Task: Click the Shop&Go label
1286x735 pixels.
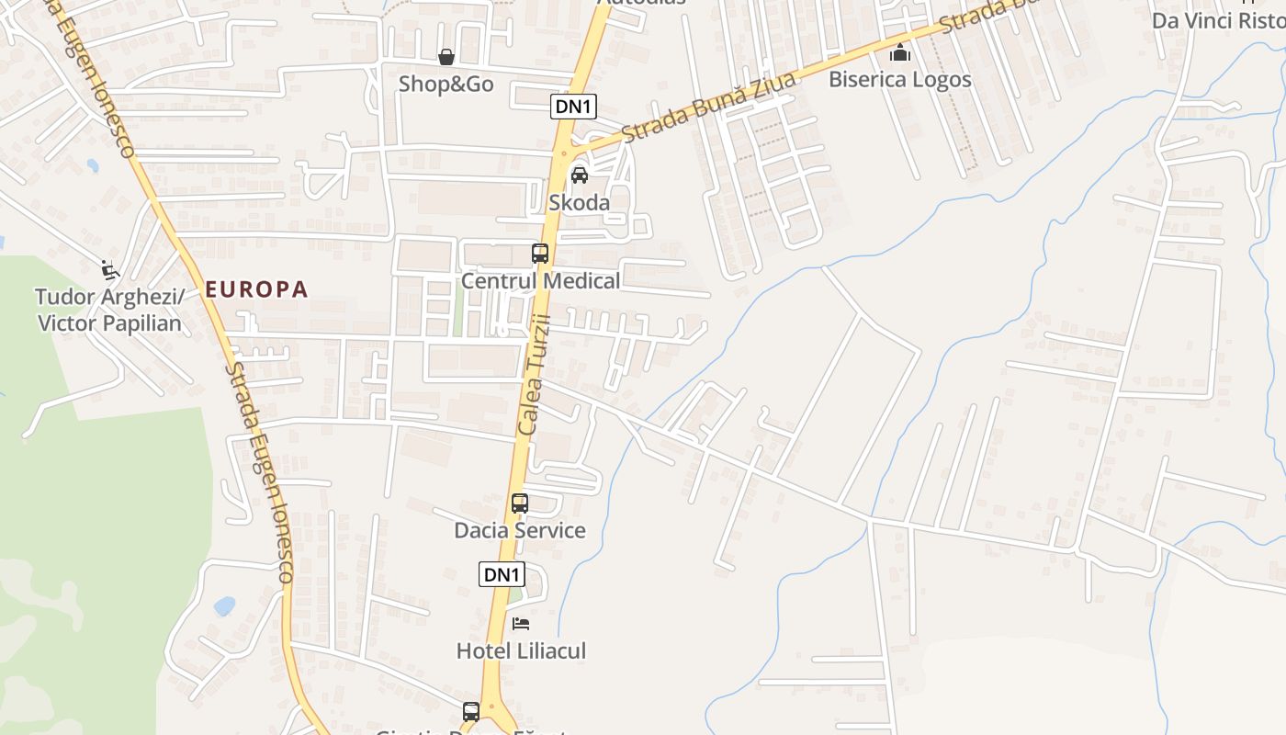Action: pyautogui.click(x=446, y=85)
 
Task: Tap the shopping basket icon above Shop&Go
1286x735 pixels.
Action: pyautogui.click(x=446, y=58)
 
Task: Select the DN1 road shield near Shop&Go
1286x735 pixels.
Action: pyautogui.click(x=573, y=107)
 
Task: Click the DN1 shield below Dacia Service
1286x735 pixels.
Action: pyautogui.click(x=502, y=575)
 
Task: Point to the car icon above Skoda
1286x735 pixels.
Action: pyautogui.click(x=580, y=175)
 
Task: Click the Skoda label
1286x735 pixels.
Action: pyautogui.click(x=579, y=202)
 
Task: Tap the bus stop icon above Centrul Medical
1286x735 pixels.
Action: pyautogui.click(x=540, y=254)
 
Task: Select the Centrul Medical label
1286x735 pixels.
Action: pyautogui.click(x=540, y=281)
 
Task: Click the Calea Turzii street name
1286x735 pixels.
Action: pyautogui.click(x=534, y=374)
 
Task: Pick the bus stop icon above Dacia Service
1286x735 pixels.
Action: pyautogui.click(x=520, y=503)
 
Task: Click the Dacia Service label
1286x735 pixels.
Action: pyautogui.click(x=520, y=531)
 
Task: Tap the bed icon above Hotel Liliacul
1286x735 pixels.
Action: pyautogui.click(x=521, y=624)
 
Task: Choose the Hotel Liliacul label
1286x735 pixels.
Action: pyautogui.click(x=521, y=651)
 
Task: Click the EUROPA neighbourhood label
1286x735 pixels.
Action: pyautogui.click(x=256, y=289)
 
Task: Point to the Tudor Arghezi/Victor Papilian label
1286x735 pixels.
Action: pyautogui.click(x=109, y=310)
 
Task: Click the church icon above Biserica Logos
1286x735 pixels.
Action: pyautogui.click(x=900, y=52)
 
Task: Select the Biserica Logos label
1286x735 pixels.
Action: pyautogui.click(x=900, y=80)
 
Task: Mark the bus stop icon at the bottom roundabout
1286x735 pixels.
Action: pyautogui.click(x=471, y=711)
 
